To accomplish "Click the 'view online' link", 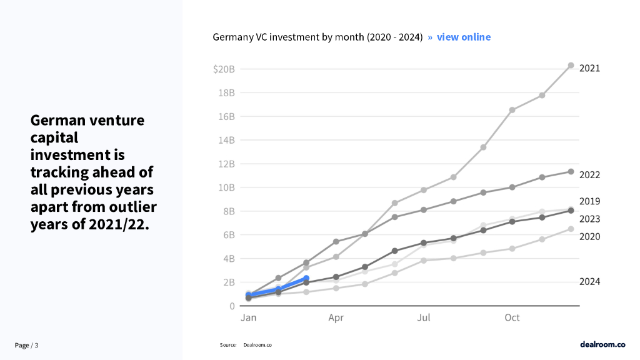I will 463,37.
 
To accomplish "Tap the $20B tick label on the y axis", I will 223,69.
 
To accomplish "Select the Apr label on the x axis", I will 336,318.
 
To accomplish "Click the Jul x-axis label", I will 424,318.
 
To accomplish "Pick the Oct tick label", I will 512,318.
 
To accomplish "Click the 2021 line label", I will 589,68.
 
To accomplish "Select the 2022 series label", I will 589,175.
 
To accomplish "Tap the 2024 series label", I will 589,282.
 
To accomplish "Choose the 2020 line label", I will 589,236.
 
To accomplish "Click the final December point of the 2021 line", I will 571,66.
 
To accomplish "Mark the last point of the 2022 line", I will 571,171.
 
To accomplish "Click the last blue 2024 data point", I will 306,278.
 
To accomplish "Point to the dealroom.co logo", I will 602,344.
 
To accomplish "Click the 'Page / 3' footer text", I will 27,346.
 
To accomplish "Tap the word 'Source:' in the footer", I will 228,345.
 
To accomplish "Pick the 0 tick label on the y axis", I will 232,306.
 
